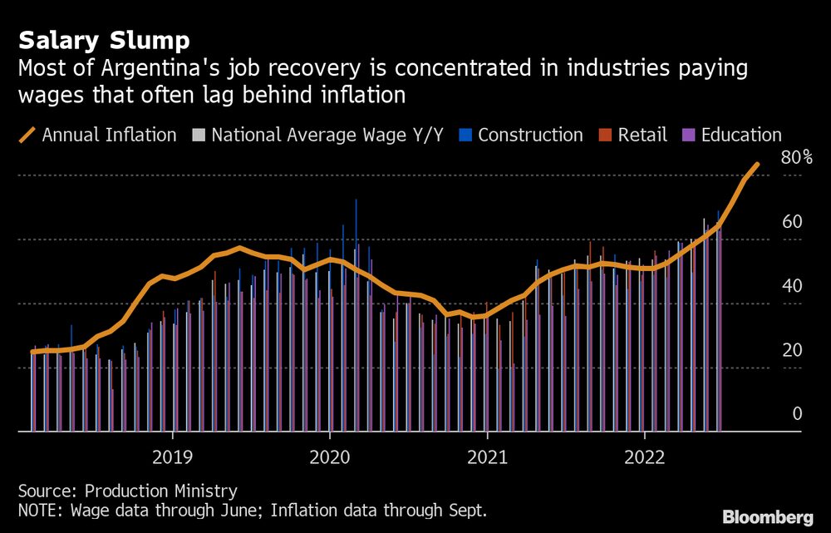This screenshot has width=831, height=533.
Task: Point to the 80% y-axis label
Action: point(796,157)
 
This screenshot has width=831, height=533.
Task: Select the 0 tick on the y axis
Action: point(796,414)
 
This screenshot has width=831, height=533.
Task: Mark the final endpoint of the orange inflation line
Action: point(757,165)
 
